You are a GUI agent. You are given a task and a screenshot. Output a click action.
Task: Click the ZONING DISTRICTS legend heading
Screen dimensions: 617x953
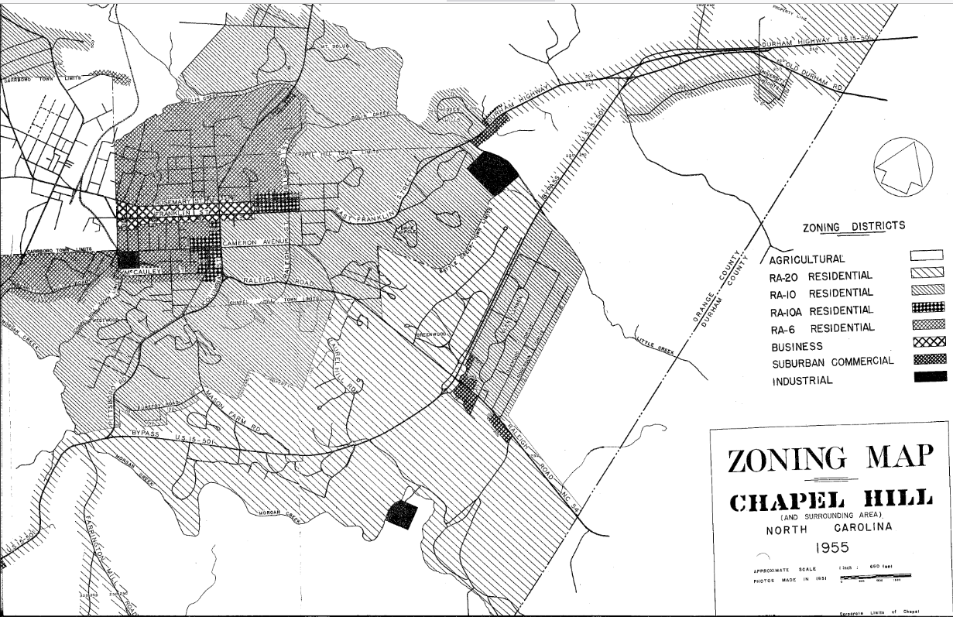(x=853, y=226)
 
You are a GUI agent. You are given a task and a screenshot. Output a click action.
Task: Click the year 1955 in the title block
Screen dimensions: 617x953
(x=828, y=548)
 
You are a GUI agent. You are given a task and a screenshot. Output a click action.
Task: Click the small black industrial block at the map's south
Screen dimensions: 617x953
(x=401, y=515)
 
